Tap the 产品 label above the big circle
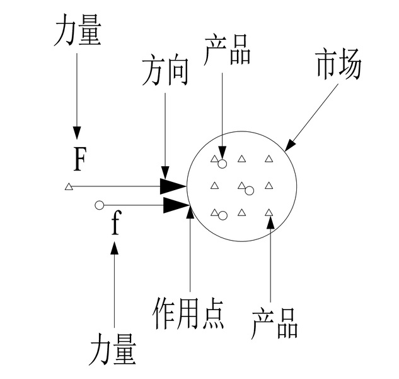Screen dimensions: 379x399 click(228, 51)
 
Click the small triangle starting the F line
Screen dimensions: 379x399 click(69, 186)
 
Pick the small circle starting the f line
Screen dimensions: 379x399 click(99, 205)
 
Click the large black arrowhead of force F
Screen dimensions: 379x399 click(173, 186)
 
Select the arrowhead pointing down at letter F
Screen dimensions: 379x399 click(77, 133)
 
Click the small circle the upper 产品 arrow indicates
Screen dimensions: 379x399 click(222, 164)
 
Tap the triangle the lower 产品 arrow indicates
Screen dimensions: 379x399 click(269, 212)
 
